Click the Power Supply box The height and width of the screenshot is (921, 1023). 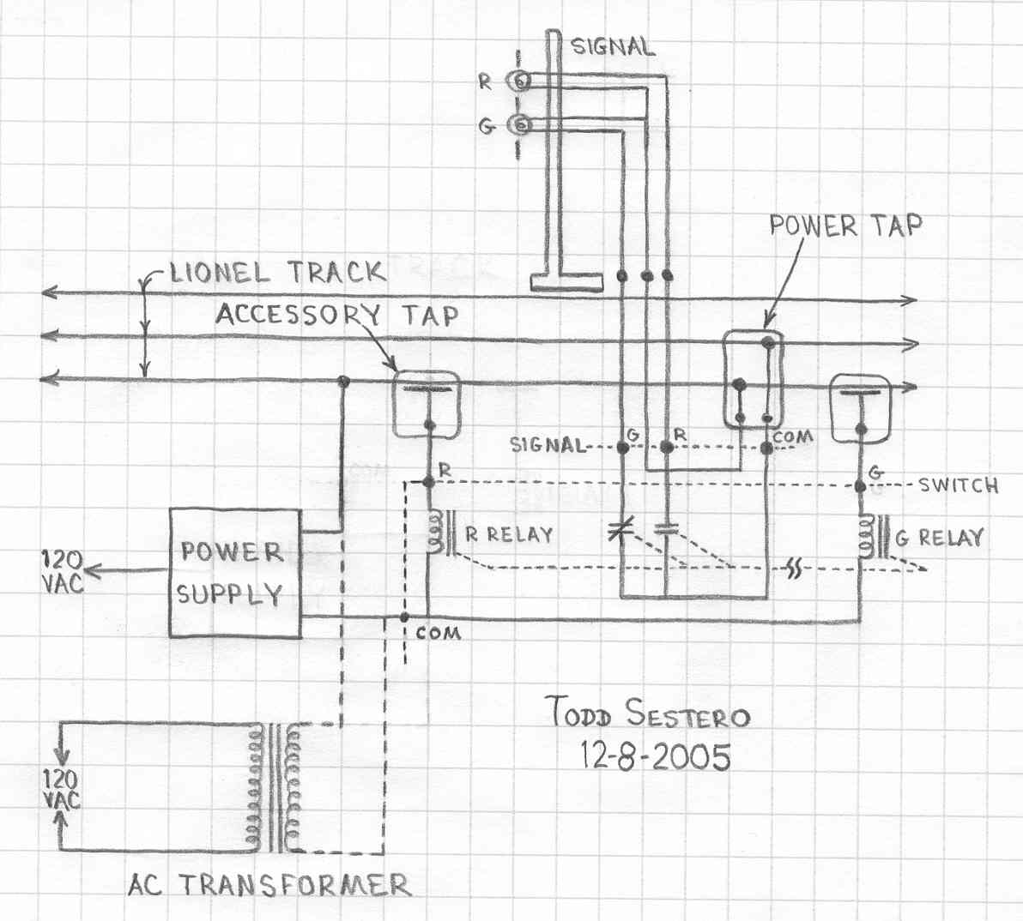[235, 573]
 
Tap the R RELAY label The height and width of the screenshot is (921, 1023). [509, 535]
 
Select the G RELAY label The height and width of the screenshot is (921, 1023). [939, 538]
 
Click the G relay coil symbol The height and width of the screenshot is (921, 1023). [867, 536]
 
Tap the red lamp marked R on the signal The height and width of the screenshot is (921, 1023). [521, 81]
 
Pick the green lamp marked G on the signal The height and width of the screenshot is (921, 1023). [521, 123]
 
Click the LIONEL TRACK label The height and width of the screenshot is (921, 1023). [277, 272]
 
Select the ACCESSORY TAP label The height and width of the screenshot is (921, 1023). [337, 315]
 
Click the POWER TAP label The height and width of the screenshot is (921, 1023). [845, 226]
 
